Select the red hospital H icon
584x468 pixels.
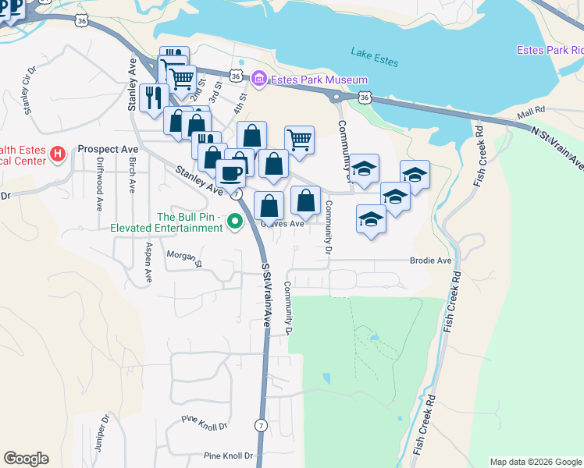57,154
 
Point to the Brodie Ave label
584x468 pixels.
431,261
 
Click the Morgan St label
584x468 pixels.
184,257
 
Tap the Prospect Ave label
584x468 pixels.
109,149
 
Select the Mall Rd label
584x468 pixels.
529,113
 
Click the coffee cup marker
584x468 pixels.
230,172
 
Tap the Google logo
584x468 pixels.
26,459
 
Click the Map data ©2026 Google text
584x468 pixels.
536,462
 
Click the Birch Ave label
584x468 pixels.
132,176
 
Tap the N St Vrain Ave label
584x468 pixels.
556,147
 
